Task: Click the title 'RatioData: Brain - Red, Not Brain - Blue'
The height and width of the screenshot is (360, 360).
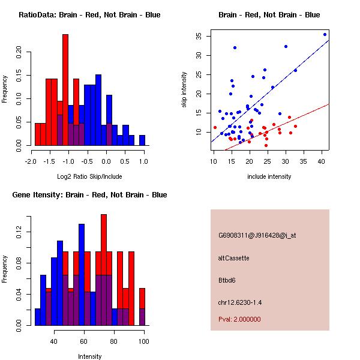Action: pyautogui.click(x=89, y=15)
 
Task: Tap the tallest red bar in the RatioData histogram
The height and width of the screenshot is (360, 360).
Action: pyautogui.click(x=65, y=90)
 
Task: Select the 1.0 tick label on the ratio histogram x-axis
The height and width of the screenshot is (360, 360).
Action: pyautogui.click(x=143, y=161)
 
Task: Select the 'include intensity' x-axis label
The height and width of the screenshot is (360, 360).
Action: pyautogui.click(x=269, y=176)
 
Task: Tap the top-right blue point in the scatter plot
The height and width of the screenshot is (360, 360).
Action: pyautogui.click(x=325, y=34)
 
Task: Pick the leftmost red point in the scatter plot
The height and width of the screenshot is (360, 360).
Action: pyautogui.click(x=215, y=127)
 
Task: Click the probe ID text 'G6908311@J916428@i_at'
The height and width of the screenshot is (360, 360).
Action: pyautogui.click(x=257, y=235)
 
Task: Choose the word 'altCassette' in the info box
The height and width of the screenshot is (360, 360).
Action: pyautogui.click(x=233, y=258)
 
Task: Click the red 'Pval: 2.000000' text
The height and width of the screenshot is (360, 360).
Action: pyautogui.click(x=239, y=319)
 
